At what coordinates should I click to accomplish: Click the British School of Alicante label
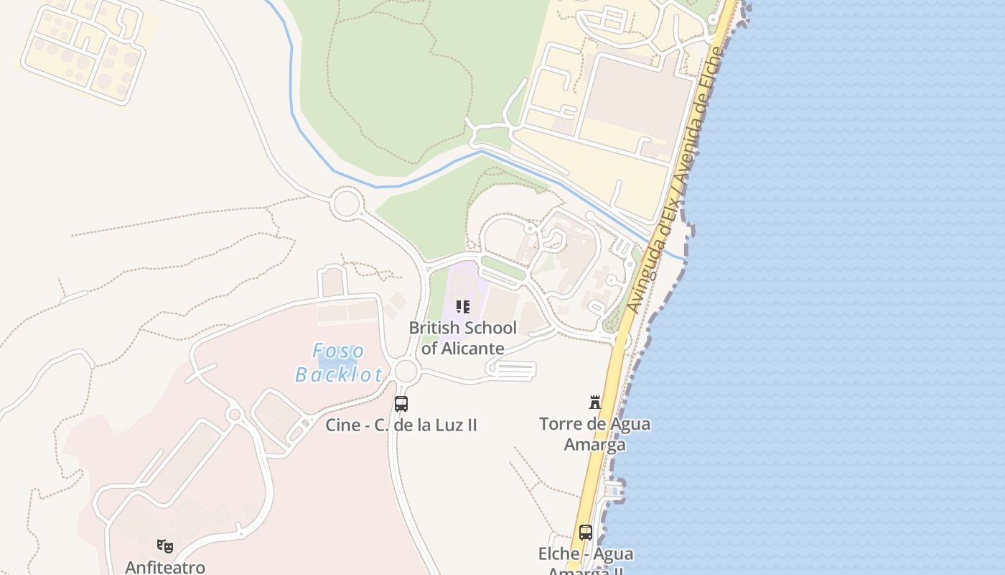coord(463,338)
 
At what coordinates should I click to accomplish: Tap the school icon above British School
coord(463,308)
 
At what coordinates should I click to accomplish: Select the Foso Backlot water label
coord(340,363)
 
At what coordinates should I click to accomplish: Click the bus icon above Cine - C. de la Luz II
coord(401,404)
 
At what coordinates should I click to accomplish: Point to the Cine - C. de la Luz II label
coord(401,425)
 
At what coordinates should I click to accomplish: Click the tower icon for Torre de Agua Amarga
coord(594,402)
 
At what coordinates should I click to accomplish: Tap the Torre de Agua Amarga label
coord(594,433)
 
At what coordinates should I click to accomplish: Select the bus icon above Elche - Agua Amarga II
coord(586,533)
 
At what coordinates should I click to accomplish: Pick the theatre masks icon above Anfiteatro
coord(165,546)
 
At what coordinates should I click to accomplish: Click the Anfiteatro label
coord(165,567)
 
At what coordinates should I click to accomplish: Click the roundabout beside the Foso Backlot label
coord(406,371)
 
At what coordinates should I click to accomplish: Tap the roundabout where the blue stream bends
coord(346,203)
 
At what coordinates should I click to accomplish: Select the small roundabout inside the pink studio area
coord(234,415)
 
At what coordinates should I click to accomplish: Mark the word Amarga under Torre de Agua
coord(594,444)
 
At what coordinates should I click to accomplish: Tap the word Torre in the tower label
coord(559,423)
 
